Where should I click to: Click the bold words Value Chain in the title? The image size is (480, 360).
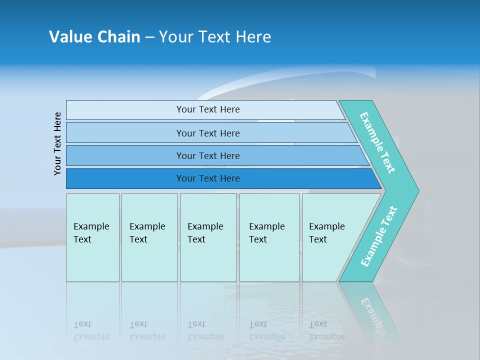point(94,37)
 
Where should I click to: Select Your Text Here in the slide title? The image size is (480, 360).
point(215,37)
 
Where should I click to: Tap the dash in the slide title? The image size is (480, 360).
point(149,37)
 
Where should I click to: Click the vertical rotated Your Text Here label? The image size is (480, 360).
point(57,143)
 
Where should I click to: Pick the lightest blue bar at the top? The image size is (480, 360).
point(208,109)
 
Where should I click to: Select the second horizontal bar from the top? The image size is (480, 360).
point(208,133)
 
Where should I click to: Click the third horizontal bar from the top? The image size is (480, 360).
point(208,155)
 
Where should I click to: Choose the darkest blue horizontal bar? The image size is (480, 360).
point(208,178)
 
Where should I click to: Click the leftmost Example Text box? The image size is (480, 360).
point(92,237)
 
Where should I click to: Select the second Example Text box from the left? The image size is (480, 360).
point(149,237)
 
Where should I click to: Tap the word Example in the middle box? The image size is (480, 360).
point(205,226)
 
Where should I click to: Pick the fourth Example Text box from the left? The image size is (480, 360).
point(269,237)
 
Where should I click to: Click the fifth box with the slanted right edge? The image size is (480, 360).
point(330,237)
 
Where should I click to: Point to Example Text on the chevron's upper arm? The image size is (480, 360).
point(377,142)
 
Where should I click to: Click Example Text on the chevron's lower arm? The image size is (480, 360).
point(379,236)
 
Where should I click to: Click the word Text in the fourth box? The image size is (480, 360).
point(258,239)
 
